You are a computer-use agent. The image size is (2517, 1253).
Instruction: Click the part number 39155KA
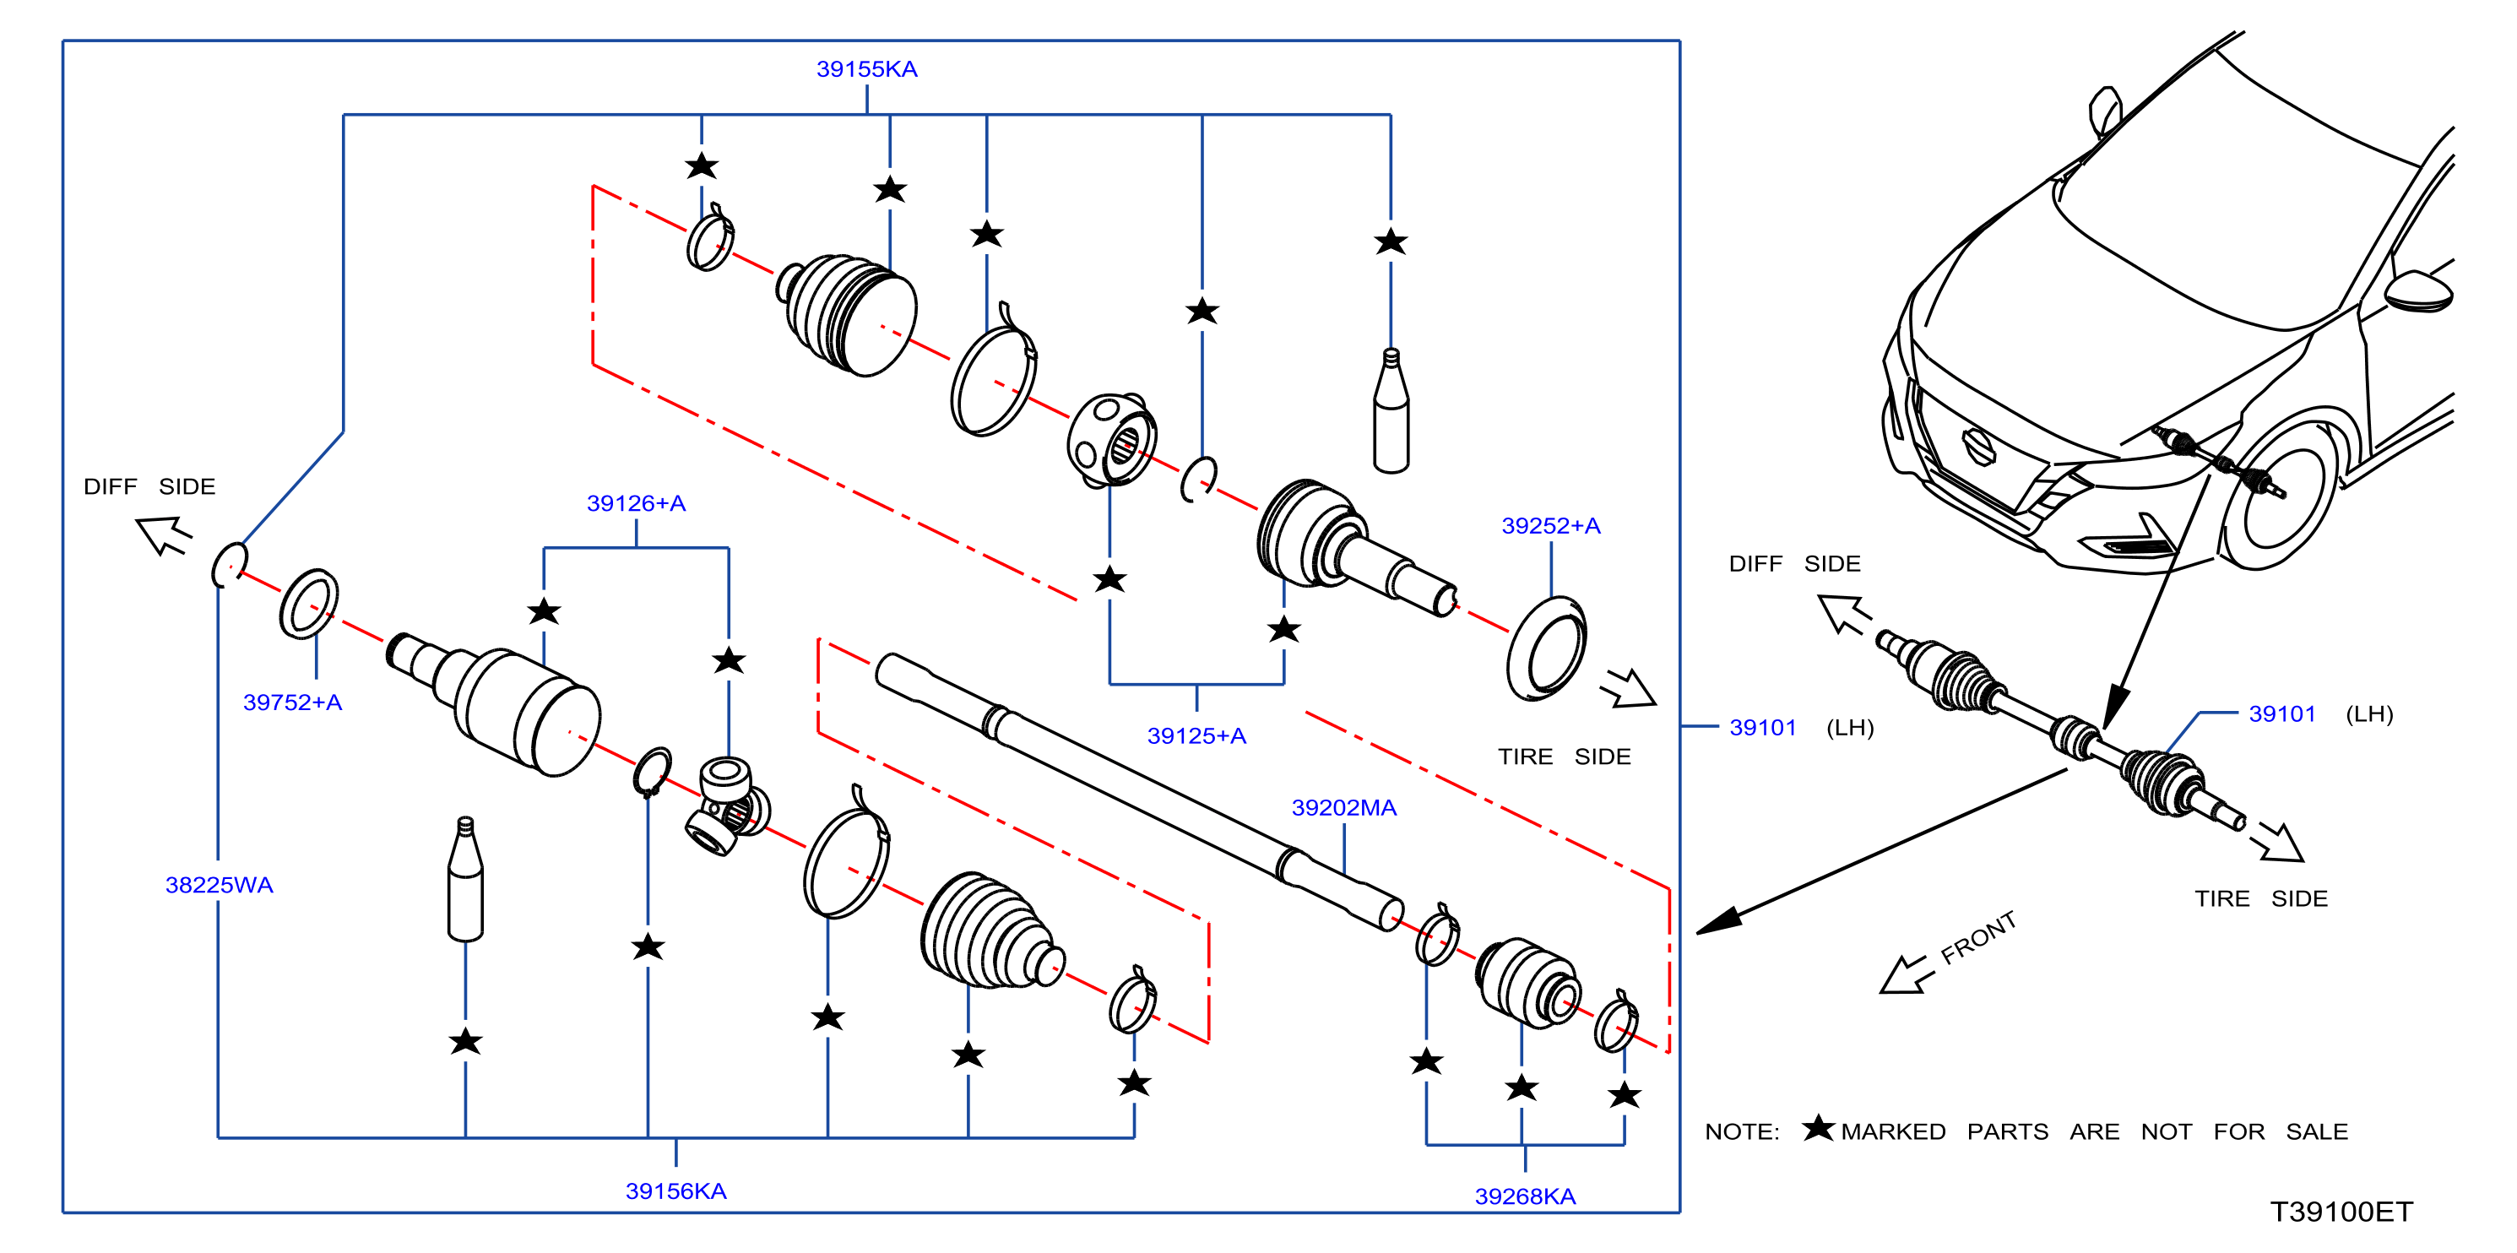(866, 69)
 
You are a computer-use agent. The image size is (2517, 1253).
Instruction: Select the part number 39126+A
(636, 503)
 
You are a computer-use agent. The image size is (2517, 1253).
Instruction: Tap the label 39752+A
(292, 702)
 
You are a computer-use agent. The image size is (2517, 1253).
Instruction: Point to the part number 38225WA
(219, 886)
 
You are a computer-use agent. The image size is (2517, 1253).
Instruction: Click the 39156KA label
(676, 1191)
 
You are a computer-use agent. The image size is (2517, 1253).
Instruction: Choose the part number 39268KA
(1525, 1196)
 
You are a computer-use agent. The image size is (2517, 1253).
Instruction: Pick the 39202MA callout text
(1344, 808)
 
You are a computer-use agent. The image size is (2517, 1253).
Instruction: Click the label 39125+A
(1197, 736)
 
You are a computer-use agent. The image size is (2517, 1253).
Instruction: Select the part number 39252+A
(1552, 526)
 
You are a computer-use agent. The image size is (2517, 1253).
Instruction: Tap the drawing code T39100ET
(2341, 1212)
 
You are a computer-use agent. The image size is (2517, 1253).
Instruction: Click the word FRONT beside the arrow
(1978, 937)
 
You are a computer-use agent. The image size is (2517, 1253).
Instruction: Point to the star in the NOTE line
(1819, 1128)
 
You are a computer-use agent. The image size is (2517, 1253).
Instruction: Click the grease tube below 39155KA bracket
(1391, 411)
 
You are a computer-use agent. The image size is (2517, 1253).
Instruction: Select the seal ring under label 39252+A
(1547, 649)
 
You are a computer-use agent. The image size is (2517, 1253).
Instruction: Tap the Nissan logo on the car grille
(1980, 447)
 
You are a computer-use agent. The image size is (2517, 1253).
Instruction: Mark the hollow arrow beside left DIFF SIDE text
(163, 534)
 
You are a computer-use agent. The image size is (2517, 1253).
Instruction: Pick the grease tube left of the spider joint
(466, 880)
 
